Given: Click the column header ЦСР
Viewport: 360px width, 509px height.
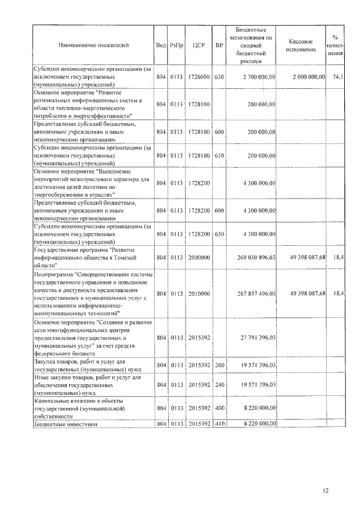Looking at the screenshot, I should tap(198, 44).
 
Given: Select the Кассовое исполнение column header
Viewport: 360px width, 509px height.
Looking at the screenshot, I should tap(304, 45).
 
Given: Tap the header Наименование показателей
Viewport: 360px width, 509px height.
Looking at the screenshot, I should tap(93, 44).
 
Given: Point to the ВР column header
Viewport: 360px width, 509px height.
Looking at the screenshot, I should tap(219, 44).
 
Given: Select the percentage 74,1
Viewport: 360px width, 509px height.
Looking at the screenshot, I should tap(339, 76).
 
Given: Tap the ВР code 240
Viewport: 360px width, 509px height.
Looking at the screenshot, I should tap(219, 385).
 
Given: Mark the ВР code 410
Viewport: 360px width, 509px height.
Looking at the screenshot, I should tap(219, 425).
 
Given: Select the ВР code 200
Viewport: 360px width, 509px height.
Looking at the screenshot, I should tap(219, 366).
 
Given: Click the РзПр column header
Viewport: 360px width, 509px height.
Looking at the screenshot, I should tap(176, 44).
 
